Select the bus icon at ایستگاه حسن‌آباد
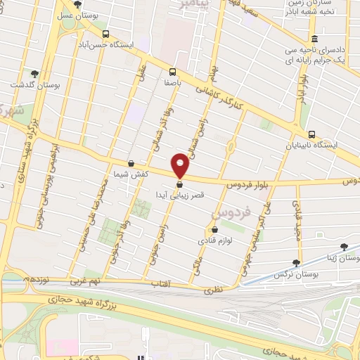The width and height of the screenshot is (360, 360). tap(105, 33)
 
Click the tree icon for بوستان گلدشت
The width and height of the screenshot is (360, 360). tap(34, 73)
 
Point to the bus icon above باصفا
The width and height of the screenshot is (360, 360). tap(172, 71)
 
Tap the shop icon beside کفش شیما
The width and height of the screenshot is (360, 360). tap(131, 163)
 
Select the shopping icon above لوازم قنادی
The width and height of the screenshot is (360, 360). tap(214, 229)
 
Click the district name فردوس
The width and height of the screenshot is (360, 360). tap(227, 212)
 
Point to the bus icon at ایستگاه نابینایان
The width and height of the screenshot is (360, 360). tap(311, 135)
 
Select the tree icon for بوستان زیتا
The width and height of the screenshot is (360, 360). tap(343, 247)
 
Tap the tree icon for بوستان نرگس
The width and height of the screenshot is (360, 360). tap(296, 262)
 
